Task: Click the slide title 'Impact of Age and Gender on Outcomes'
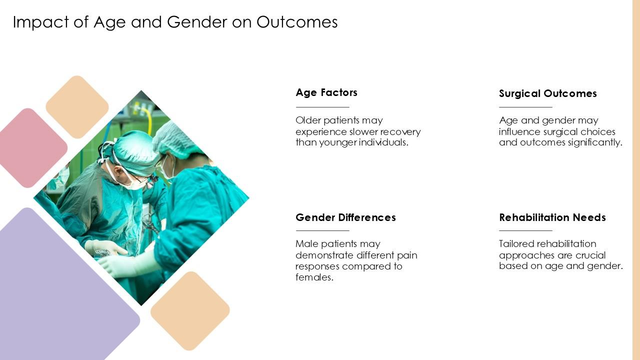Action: click(175, 22)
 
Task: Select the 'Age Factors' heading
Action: click(326, 92)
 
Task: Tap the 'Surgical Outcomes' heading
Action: click(547, 93)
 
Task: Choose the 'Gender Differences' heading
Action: click(345, 217)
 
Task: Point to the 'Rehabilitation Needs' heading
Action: click(552, 217)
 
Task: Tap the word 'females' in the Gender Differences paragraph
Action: click(313, 277)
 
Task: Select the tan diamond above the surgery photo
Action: click(77, 107)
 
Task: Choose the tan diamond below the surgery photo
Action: click(190, 310)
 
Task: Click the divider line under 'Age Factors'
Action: click(322, 107)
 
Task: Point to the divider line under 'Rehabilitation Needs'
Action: click(525, 230)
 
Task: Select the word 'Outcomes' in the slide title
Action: click(297, 22)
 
